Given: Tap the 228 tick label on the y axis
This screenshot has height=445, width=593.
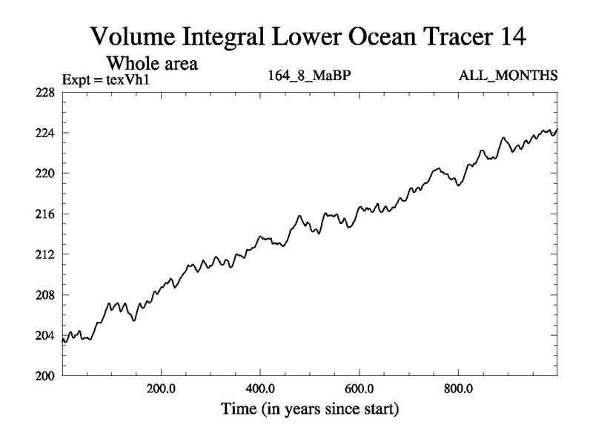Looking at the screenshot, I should click(46, 93).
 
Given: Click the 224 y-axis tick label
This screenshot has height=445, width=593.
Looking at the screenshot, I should click(46, 133).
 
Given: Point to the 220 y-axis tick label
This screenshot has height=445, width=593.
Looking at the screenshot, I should click(46, 174).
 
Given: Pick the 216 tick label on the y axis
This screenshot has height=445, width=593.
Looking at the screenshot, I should click(46, 214).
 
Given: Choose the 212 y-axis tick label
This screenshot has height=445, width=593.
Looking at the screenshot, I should click(46, 254).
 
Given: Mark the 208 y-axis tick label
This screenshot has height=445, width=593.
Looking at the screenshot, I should click(46, 295).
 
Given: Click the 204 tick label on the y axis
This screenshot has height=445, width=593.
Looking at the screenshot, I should click(46, 336).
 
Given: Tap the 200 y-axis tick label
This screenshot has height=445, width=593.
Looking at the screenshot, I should click(46, 376).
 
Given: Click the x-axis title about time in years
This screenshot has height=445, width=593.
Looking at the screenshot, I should click(309, 409).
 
